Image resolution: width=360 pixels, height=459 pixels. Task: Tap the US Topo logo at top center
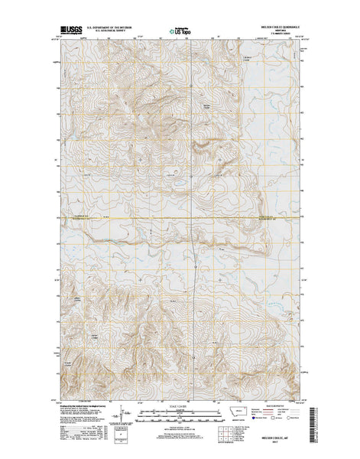point(180,32)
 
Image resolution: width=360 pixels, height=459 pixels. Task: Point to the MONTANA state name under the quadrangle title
point(284,32)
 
